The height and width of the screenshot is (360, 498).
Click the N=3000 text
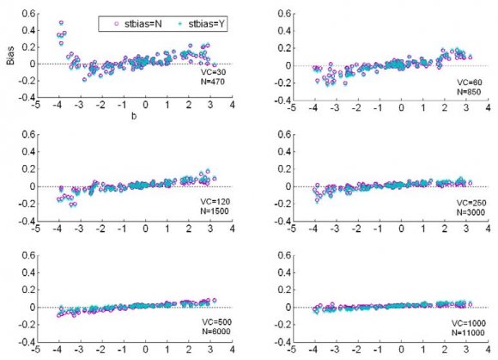point(468,211)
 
